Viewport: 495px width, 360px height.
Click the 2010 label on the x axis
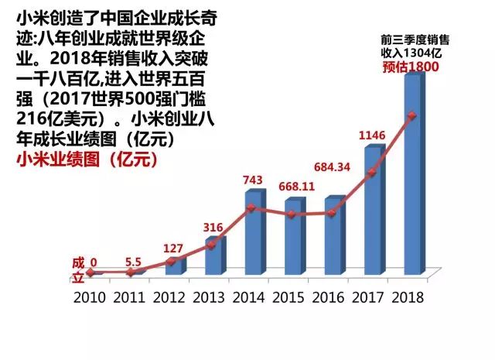[x=91, y=297]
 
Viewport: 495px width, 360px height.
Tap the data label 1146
[x=373, y=136]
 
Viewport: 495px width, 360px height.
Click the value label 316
[x=213, y=228]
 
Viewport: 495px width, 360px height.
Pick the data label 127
[x=174, y=249]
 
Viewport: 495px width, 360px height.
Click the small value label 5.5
[x=135, y=262]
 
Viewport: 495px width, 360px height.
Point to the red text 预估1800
[x=411, y=67]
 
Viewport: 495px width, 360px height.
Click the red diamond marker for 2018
[x=412, y=116]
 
